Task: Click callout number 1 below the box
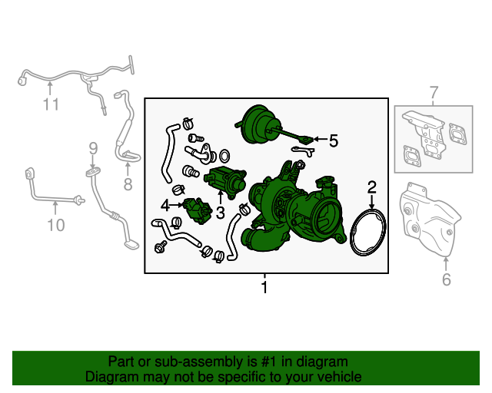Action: point(264,287)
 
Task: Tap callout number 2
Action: point(372,187)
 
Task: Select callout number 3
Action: point(221,213)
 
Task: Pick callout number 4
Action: point(165,205)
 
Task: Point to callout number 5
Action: point(334,140)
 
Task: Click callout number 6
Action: point(446,279)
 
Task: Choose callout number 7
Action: point(434,93)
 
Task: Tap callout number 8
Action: point(128,184)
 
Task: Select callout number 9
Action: point(93,148)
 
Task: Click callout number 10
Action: point(56,225)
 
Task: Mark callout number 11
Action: point(51,104)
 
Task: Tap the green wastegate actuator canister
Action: point(259,124)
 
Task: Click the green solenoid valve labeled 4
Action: point(198,210)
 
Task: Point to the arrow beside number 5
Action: point(321,139)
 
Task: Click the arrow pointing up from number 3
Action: point(221,196)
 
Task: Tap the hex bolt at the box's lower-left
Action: point(161,247)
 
